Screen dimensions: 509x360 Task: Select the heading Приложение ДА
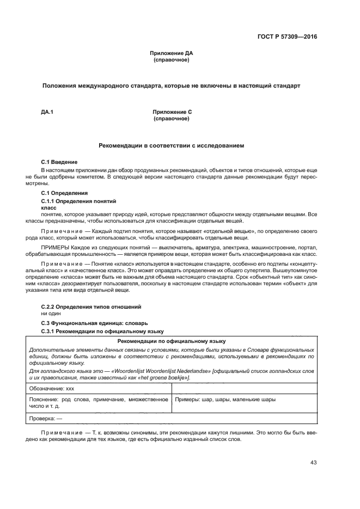click(172, 53)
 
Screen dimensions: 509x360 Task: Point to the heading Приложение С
click(172, 112)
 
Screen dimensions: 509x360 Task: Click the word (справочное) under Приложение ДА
click(172, 60)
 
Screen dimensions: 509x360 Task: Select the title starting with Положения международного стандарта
click(172, 86)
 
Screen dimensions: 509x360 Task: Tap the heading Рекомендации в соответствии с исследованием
click(172, 146)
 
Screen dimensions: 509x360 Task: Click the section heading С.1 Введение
click(59, 162)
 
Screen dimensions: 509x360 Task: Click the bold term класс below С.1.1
click(49, 207)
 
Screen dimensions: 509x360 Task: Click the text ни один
click(51, 314)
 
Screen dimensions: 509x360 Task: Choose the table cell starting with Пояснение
click(99, 403)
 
